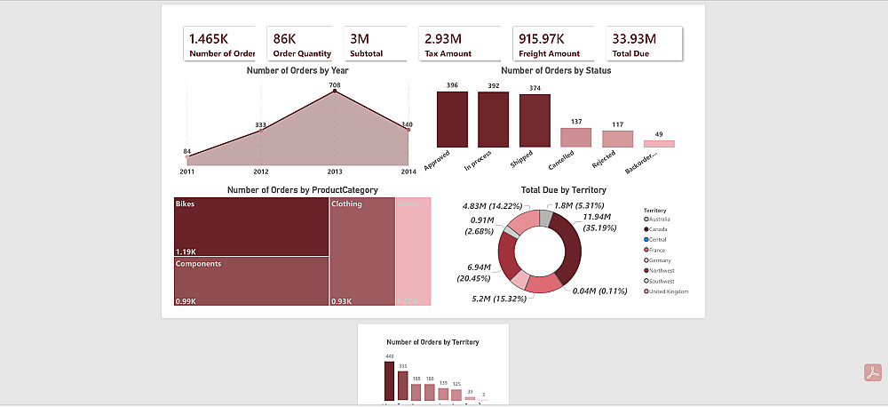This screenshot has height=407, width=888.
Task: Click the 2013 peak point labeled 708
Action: (335, 92)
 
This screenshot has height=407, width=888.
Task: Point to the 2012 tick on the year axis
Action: (261, 172)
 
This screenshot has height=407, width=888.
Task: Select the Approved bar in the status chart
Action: (452, 119)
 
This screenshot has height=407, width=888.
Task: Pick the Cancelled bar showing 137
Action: (575, 137)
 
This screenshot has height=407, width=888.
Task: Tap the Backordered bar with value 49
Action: (659, 143)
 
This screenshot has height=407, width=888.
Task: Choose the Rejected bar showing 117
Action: (617, 139)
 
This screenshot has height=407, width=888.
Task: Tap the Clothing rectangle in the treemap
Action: (361, 251)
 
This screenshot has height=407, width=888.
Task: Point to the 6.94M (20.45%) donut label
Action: (479, 271)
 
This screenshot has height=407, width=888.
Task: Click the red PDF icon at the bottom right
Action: (872, 372)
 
